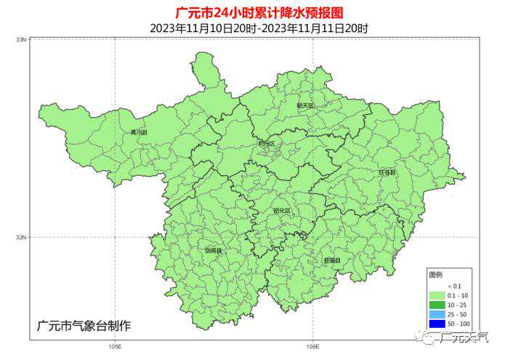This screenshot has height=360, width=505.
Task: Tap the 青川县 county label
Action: [x=138, y=133]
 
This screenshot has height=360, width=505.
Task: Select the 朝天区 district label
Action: [x=306, y=105]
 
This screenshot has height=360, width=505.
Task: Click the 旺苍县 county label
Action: [x=387, y=173]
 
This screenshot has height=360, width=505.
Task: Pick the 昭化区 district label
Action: [x=281, y=211]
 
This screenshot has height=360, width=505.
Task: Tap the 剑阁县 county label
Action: [x=214, y=251]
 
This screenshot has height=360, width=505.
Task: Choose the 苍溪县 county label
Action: [x=332, y=260]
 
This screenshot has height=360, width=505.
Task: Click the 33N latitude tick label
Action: [x=22, y=39]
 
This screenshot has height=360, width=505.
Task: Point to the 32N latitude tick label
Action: [x=22, y=237]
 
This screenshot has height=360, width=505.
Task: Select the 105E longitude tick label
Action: [x=114, y=346]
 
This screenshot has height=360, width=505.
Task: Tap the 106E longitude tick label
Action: [x=312, y=346]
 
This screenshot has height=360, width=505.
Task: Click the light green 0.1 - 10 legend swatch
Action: [x=437, y=295]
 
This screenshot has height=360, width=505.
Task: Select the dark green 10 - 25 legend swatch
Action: [x=437, y=305]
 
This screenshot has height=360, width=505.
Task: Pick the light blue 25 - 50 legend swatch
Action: [x=437, y=314]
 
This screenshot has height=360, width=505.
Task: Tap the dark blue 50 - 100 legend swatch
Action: [x=437, y=324]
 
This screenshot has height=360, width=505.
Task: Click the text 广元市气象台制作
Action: [x=84, y=325]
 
